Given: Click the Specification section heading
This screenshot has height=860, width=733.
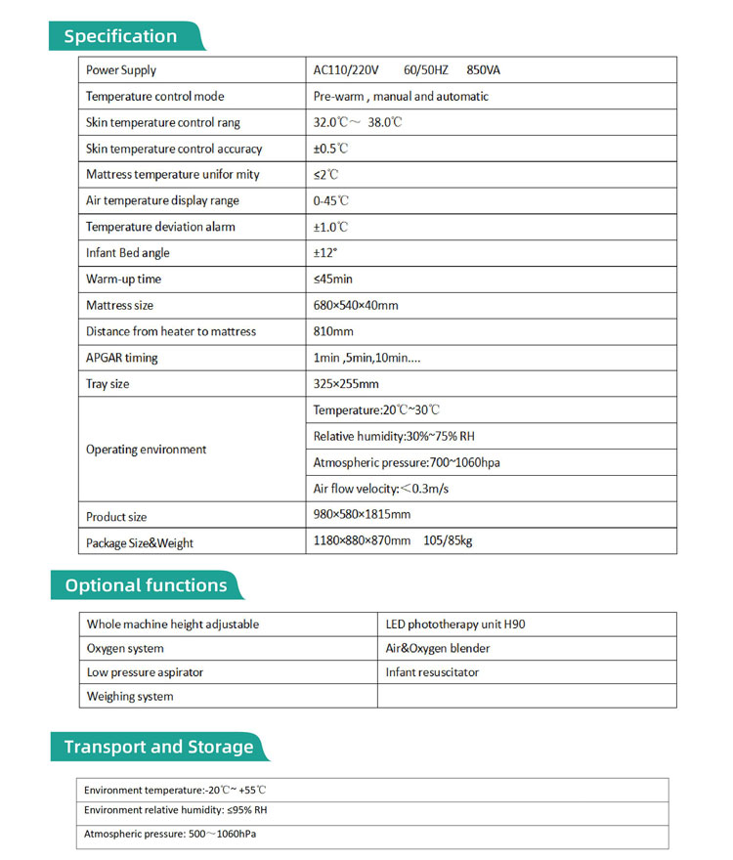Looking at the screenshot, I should tap(121, 36).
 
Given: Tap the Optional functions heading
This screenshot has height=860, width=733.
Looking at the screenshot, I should tap(146, 585).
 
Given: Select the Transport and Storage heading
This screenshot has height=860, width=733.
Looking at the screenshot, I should tap(158, 747).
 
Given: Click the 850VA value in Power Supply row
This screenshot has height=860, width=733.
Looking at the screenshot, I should tap(484, 70).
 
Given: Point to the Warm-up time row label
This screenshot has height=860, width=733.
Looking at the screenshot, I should tap(124, 279).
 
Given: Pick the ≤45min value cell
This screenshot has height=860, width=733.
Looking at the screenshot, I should tap(333, 279).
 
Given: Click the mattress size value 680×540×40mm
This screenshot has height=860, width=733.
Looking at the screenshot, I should tap(356, 306).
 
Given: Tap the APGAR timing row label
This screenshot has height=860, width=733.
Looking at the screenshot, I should tap(122, 358).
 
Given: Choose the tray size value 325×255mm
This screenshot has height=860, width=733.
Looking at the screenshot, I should tap(346, 384).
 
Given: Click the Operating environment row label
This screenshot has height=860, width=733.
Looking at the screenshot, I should tap(147, 450).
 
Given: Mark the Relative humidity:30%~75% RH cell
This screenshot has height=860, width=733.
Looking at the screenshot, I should tap(393, 436).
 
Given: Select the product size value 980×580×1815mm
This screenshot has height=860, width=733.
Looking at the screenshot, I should tap(362, 515).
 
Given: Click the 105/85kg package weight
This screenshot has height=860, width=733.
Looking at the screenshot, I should tap(448, 540).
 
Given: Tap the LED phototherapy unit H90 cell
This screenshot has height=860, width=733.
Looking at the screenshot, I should tap(455, 623).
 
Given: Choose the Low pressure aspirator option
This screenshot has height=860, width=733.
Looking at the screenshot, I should tap(146, 672).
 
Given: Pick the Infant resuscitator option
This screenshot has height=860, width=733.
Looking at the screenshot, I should tap(433, 672).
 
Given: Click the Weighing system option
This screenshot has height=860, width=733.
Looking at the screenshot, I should tap(130, 697).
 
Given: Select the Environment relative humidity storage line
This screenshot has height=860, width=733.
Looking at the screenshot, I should tap(176, 810).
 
